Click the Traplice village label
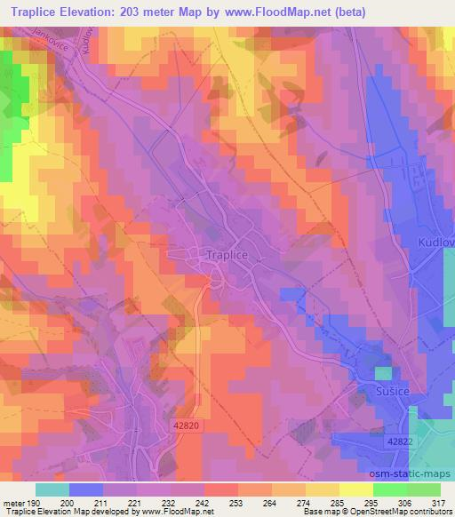pos(228,252)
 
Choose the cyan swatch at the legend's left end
pos(52,489)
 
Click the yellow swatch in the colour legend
pos(355,489)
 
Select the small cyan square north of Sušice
pos(382,372)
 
